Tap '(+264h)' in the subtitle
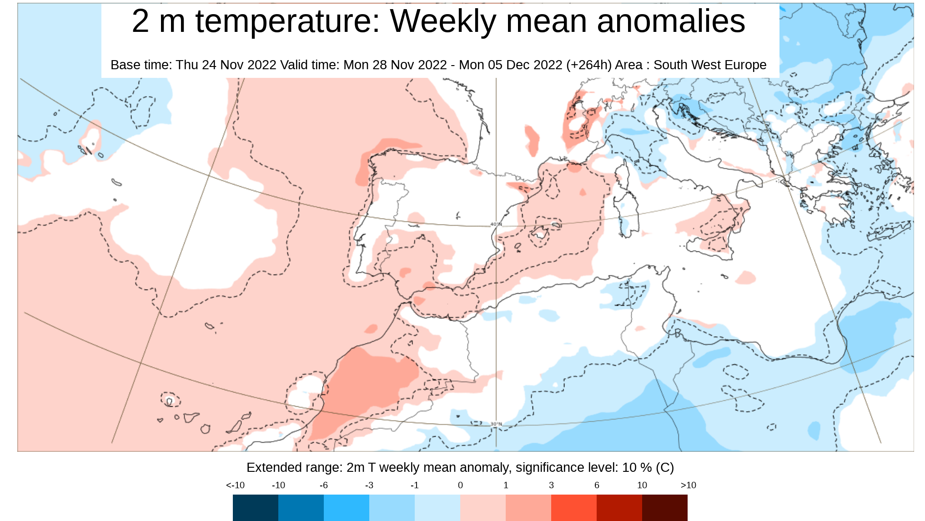point(589,65)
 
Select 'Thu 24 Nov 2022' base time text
point(226,65)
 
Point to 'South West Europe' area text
point(709,65)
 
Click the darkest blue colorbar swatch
point(255,507)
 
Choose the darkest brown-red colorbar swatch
point(664,507)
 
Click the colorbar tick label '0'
point(460,485)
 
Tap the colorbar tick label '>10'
point(688,485)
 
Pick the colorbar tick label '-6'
point(323,485)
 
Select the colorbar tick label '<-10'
point(235,485)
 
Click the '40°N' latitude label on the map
point(496,225)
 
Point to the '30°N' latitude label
point(496,424)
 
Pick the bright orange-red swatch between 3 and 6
point(573,507)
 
